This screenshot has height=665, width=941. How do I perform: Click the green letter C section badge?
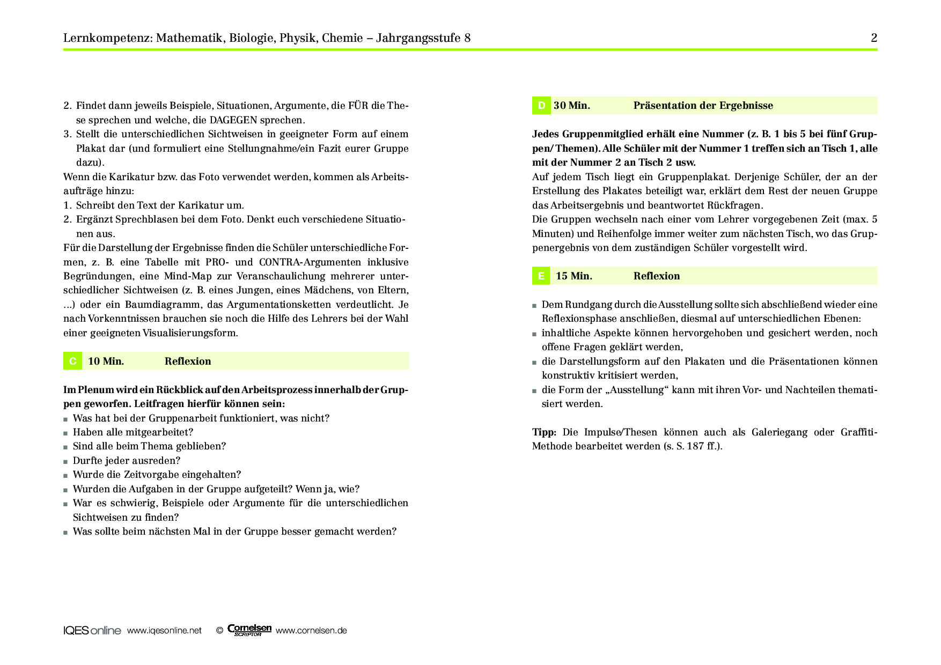[72, 361]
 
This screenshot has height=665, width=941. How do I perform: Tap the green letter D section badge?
[541, 106]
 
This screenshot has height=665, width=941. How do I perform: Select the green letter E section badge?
[541, 276]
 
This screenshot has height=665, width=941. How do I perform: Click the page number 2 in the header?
[874, 38]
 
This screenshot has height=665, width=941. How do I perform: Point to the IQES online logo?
[92, 631]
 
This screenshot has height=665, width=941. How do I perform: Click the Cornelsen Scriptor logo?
[249, 630]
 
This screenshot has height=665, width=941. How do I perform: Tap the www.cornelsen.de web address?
[311, 631]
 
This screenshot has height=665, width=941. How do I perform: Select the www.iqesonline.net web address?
[164, 631]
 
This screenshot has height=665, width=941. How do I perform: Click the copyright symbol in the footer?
[219, 631]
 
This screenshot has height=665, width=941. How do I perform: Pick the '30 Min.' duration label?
[572, 106]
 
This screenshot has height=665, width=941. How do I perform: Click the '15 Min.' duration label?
[574, 276]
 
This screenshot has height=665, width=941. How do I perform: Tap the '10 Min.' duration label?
[106, 361]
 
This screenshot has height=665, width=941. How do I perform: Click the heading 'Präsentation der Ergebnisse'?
[703, 106]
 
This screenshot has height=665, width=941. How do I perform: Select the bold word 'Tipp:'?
[544, 432]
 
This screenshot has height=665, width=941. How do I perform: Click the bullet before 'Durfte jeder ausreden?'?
[65, 461]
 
